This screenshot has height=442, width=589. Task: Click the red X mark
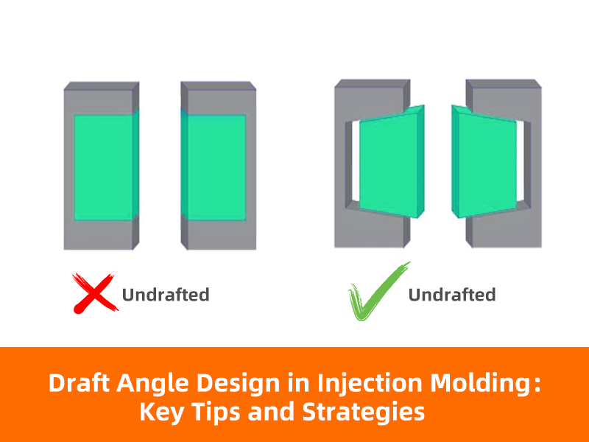coord(94,292)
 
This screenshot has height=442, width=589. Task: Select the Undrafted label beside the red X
coord(166,295)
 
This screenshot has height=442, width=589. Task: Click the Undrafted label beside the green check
coord(452,295)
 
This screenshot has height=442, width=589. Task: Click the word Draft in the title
coord(79,383)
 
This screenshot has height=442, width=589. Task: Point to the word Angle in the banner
coord(152,385)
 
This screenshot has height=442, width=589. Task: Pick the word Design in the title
coord(238,385)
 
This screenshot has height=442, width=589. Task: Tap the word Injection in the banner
coord(370,385)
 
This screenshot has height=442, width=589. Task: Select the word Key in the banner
coord(161,413)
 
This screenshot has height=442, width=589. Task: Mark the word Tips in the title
coord(216,413)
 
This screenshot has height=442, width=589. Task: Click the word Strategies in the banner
coord(363,413)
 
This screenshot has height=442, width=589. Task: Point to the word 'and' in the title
coord(271,412)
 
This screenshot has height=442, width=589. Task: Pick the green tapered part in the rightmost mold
coord(484,161)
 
